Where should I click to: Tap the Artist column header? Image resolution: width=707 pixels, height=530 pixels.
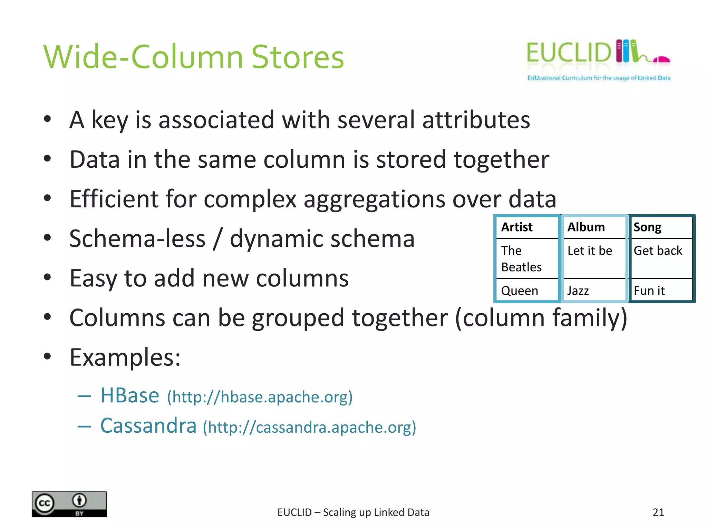(517, 227)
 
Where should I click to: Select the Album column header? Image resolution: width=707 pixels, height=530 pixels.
(586, 227)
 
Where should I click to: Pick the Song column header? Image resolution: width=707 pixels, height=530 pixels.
(647, 227)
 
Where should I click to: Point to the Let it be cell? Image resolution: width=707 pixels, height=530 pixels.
(590, 251)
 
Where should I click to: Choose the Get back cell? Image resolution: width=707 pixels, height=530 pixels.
(658, 251)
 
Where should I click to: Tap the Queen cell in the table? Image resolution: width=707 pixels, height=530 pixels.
(520, 291)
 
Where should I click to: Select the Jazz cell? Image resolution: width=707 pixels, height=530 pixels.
(578, 291)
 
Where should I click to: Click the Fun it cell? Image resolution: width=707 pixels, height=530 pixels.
(649, 291)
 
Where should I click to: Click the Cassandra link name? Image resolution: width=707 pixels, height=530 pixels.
(148, 426)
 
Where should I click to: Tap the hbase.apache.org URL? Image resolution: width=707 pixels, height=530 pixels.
(260, 397)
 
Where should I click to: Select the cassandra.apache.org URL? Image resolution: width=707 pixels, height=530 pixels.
(309, 428)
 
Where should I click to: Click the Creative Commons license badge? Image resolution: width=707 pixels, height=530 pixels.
(69, 504)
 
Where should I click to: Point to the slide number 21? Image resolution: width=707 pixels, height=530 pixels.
(658, 512)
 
